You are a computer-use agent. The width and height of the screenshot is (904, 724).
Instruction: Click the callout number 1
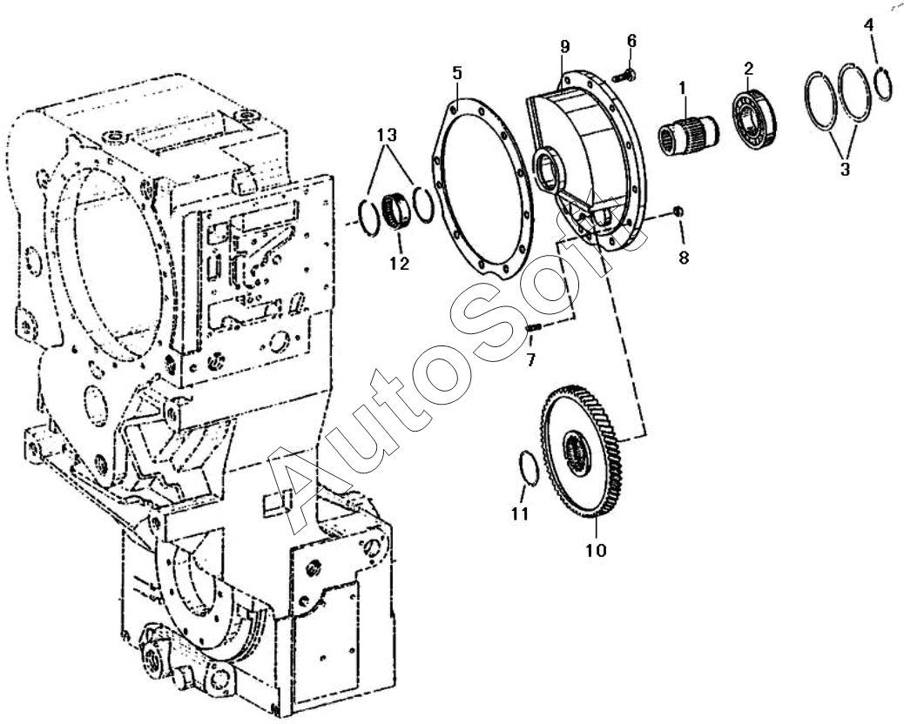click(x=683, y=89)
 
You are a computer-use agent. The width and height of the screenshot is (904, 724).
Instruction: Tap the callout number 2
click(x=748, y=68)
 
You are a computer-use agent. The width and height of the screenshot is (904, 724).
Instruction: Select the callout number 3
click(x=844, y=170)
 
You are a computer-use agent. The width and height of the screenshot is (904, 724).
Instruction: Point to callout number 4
click(x=868, y=25)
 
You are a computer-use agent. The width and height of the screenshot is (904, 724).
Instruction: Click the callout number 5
click(x=457, y=73)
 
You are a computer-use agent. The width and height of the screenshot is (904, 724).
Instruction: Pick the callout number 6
click(x=631, y=41)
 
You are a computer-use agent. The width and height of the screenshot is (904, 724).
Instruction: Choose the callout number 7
click(x=530, y=359)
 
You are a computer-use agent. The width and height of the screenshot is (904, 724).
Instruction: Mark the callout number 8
click(x=683, y=258)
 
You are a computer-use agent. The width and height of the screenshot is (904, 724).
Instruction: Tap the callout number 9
click(x=564, y=46)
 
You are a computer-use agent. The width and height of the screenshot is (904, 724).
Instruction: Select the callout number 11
click(x=520, y=513)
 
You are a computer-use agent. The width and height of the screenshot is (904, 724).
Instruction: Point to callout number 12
click(x=399, y=264)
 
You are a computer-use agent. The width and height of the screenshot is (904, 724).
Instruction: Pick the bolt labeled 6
click(x=624, y=76)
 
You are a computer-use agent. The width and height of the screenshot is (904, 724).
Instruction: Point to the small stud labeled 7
click(x=535, y=327)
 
